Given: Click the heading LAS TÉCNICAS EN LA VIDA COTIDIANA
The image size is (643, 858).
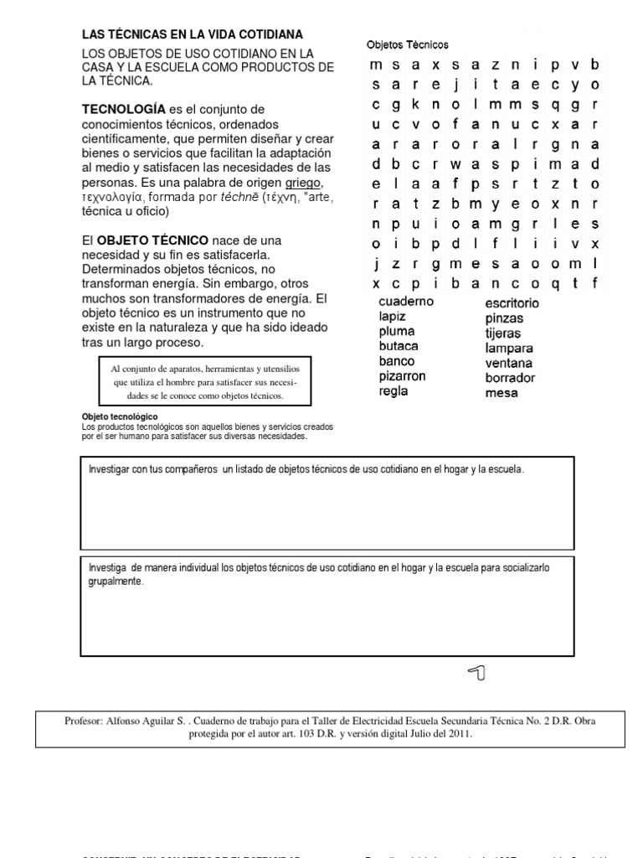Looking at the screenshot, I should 192,34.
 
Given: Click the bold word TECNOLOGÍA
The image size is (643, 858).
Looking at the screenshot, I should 123,110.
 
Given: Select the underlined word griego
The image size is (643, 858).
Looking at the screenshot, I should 302,182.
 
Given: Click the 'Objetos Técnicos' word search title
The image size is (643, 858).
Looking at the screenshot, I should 407,44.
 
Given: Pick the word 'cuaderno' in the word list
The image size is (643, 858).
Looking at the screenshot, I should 406,302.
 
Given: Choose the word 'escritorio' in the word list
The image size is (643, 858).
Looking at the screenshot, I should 512,303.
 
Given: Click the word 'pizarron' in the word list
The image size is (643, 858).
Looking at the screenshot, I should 402,376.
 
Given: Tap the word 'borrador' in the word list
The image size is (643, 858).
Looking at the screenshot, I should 510,378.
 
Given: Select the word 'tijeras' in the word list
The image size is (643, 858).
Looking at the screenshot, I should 503,333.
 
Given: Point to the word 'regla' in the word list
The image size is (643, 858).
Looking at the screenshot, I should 393,391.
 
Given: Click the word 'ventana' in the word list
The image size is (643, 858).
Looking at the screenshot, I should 508,363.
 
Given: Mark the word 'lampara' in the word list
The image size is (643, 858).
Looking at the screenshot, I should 509,348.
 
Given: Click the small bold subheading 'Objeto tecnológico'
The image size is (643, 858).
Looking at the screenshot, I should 119,416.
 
